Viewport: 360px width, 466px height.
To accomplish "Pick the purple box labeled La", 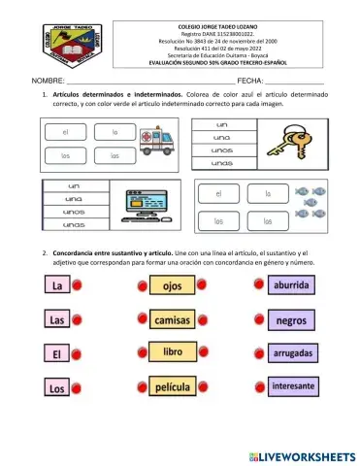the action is coord(56,287).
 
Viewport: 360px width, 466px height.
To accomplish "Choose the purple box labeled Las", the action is coord(56,320).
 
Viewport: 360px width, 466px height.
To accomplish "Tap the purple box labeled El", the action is coord(56,354).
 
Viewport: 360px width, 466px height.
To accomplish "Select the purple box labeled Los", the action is coord(56,388).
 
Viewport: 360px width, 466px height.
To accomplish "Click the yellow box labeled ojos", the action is coord(173,286).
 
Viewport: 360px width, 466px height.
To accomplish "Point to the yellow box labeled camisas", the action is coord(173,319).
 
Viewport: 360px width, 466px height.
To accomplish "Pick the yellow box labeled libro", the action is coord(173,352).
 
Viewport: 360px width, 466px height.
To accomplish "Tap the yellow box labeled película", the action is coord(173,387).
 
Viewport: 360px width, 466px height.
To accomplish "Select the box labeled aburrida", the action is coord(291,285).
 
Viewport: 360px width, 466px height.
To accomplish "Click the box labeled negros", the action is coord(291,319).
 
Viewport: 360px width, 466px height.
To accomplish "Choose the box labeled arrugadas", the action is coord(291,353).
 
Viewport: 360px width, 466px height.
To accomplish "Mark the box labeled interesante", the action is coord(291,386).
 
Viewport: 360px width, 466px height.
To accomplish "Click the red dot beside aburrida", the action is coord(257,285).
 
